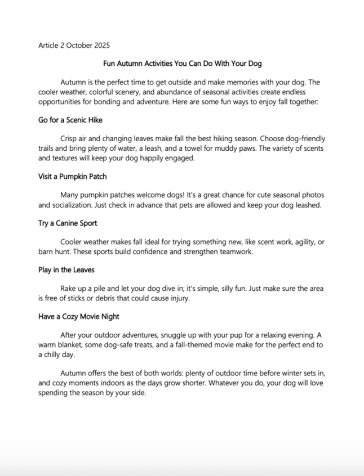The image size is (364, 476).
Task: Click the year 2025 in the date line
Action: point(101,45)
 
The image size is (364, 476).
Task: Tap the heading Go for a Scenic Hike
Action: point(70,120)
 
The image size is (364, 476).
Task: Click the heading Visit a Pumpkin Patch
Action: point(73,176)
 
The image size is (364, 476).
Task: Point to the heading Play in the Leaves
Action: point(66,270)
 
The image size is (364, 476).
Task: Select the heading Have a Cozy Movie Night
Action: point(79,317)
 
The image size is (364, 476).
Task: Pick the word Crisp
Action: point(70,138)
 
